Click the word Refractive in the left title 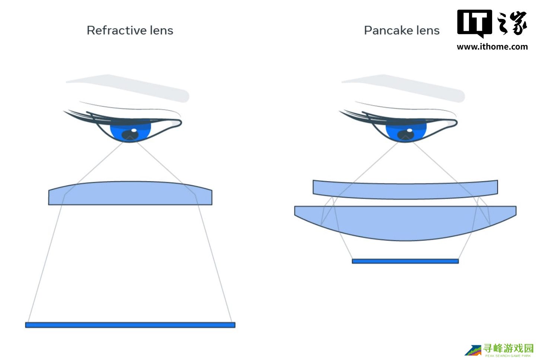tap(117, 30)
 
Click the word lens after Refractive tap(162, 30)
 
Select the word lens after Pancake tap(428, 30)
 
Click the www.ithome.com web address tap(492, 46)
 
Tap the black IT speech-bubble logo tap(475, 23)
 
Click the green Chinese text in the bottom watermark tap(508, 348)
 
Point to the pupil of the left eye tap(130, 135)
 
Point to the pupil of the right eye tap(406, 135)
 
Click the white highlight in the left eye tap(134, 130)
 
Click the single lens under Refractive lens tap(130, 193)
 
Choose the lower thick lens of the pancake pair tap(405, 222)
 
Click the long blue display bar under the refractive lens tap(130, 325)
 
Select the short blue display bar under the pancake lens tap(405, 261)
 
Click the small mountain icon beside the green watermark tap(473, 350)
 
